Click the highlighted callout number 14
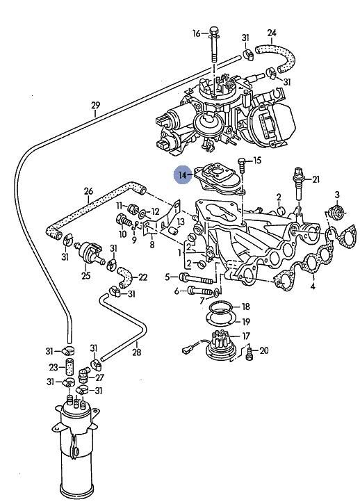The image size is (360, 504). point(182,175)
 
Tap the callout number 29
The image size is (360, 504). point(95,105)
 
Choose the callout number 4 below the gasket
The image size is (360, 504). point(313,286)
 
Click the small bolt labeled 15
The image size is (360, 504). point(242,165)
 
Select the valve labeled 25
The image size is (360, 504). point(89,252)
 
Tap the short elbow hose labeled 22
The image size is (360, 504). point(124,277)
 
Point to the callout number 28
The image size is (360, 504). point(137,352)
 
